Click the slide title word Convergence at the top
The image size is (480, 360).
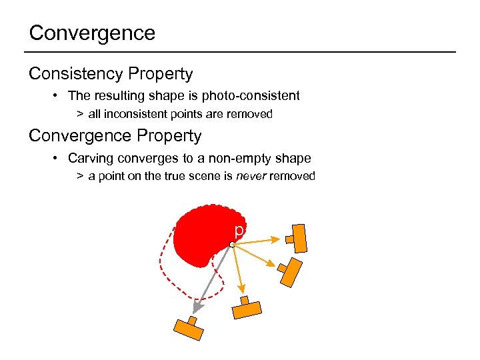(x=92, y=33)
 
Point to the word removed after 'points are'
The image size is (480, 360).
(x=249, y=114)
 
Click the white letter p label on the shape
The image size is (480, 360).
(x=238, y=231)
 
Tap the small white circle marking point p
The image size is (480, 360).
(x=231, y=245)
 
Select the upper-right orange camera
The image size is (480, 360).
(x=297, y=237)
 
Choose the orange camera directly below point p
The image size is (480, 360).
(x=247, y=309)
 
